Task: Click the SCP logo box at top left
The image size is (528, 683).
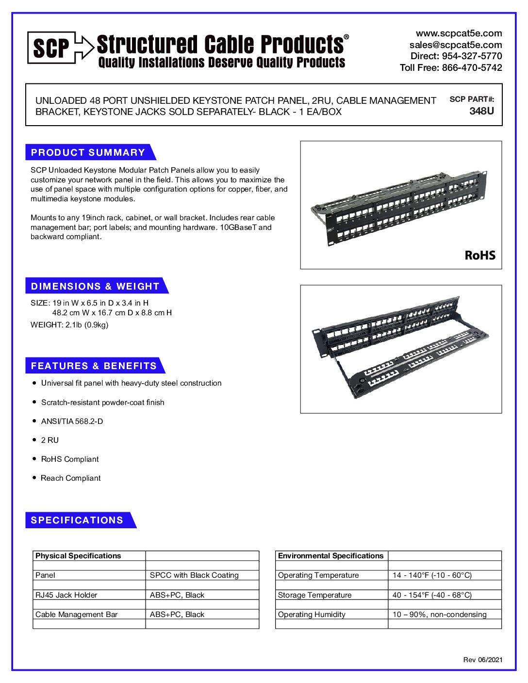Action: (51, 48)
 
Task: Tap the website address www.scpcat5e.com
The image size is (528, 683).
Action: (459, 33)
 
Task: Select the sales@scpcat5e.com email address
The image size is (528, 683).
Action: (456, 45)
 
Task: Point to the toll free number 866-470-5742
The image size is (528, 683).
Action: (472, 68)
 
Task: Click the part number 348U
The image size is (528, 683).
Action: (481, 111)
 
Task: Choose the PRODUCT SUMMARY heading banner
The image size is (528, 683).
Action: (88, 152)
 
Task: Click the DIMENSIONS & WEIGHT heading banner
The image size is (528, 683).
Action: (95, 286)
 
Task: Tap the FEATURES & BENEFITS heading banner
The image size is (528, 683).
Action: (94, 366)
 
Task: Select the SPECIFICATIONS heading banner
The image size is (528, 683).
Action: (77, 520)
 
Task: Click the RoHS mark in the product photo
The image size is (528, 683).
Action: (480, 256)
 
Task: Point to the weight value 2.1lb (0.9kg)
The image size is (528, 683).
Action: (87, 325)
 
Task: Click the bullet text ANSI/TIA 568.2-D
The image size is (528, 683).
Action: (72, 422)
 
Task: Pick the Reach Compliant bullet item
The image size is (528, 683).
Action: (71, 478)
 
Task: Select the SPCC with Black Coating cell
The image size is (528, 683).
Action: (194, 575)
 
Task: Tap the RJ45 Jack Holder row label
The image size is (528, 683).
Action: (66, 595)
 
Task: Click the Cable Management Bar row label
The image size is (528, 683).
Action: (77, 615)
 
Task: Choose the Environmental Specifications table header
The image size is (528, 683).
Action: (330, 556)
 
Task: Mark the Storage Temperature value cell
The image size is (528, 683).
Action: (432, 595)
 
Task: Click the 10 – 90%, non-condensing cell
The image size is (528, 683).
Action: (439, 615)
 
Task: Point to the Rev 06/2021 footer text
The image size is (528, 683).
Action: (482, 660)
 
